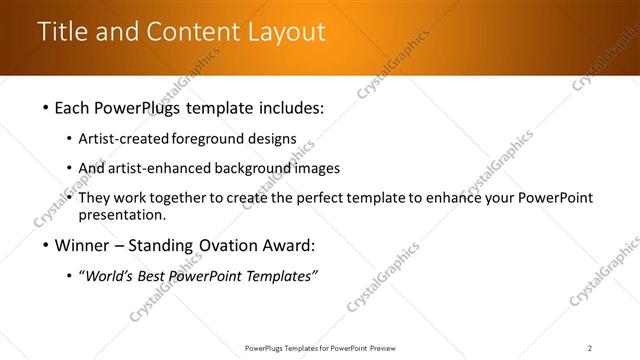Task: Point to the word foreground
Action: click(204, 139)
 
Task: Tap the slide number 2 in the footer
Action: click(589, 348)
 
